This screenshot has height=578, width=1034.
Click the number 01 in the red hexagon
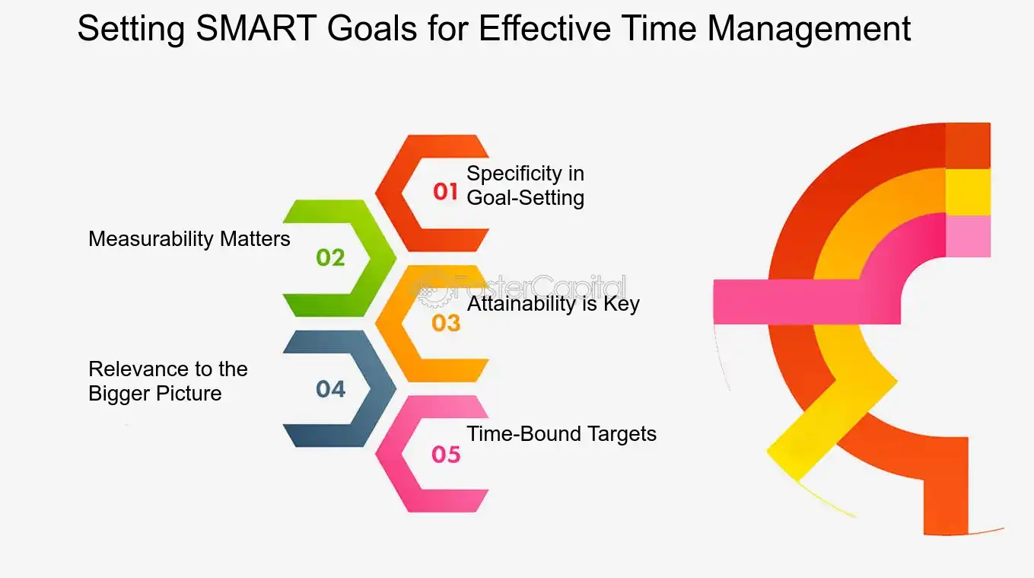click(x=446, y=192)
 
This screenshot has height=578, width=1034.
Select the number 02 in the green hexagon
click(x=330, y=257)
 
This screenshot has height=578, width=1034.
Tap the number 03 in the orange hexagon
click(x=446, y=323)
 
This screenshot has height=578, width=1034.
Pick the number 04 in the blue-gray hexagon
click(x=330, y=389)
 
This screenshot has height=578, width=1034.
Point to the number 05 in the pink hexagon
click(x=446, y=455)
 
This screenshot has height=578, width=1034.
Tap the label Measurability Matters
click(x=189, y=239)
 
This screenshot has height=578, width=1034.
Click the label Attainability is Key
click(x=553, y=304)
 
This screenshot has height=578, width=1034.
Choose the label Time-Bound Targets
click(x=562, y=434)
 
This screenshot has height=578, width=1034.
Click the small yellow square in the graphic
click(x=968, y=192)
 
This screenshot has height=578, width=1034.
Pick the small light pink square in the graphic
click(x=968, y=236)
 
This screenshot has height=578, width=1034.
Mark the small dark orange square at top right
click(x=968, y=145)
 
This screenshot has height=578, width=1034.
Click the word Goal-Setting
click(x=525, y=198)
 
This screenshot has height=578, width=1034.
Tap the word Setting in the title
click(x=129, y=29)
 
